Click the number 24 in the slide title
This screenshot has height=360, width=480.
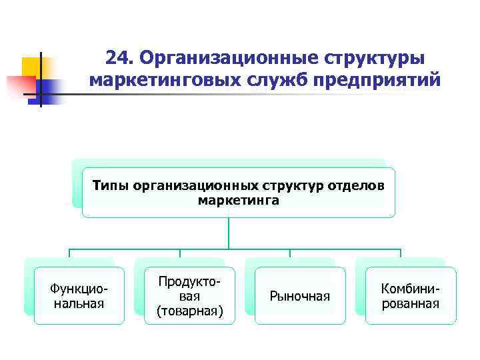click(119, 59)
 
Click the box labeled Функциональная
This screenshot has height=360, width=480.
click(79, 296)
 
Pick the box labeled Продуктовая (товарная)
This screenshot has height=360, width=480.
click(190, 296)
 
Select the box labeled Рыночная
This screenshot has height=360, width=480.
click(300, 296)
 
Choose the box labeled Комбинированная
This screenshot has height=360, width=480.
click(411, 296)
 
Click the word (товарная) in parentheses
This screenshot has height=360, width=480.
click(190, 311)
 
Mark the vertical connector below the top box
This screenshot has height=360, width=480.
click(229, 233)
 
